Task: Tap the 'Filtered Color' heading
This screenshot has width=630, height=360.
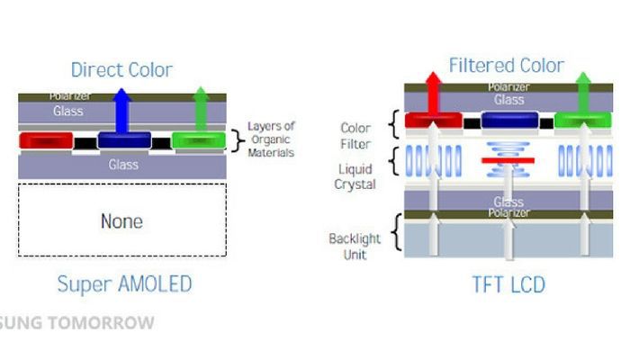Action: (x=507, y=66)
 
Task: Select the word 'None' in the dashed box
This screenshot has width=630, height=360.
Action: (x=121, y=220)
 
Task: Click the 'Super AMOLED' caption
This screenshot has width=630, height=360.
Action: (x=124, y=284)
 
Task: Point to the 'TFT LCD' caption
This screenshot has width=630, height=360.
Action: (x=508, y=285)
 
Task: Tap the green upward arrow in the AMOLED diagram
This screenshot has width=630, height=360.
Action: (x=201, y=107)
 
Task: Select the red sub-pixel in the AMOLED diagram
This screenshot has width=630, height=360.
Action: (x=45, y=140)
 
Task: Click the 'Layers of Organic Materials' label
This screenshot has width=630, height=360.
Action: (x=271, y=139)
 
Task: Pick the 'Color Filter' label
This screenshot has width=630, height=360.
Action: (x=356, y=134)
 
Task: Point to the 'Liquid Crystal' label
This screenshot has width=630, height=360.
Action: (x=356, y=176)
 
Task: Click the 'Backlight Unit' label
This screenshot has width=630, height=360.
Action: (x=355, y=246)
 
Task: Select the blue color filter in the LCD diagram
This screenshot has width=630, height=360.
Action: (x=509, y=121)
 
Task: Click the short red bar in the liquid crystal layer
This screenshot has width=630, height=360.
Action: (x=508, y=160)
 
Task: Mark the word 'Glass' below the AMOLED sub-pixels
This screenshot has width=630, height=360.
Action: (x=123, y=165)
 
